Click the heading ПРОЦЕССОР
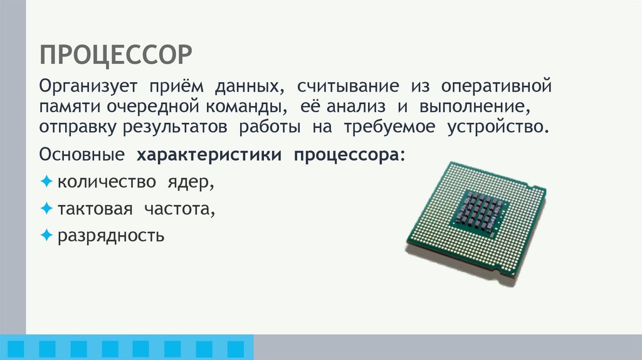click(116, 55)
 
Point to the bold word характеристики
click(209, 154)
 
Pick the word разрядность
click(111, 236)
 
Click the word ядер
click(189, 182)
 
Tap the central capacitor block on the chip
click(481, 211)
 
